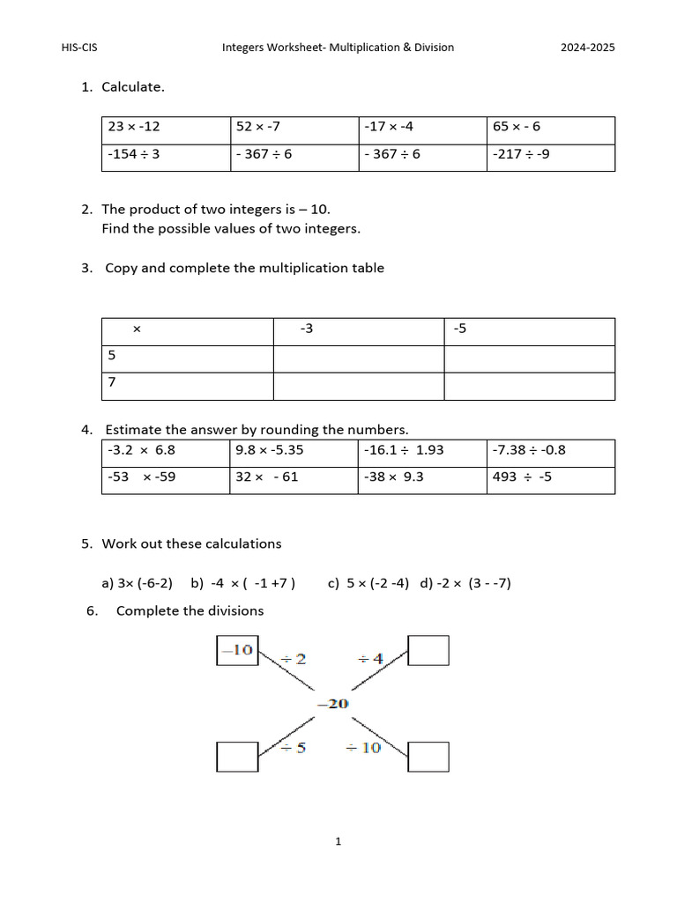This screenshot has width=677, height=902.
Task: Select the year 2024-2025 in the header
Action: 588,48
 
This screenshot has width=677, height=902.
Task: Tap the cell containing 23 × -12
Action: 166,129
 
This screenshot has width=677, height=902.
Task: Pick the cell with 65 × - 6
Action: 550,129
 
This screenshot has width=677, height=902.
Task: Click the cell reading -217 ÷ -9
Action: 550,157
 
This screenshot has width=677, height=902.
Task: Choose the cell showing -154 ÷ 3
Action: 166,157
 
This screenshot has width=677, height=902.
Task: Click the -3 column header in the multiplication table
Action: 358,331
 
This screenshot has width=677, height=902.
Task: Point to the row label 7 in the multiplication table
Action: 187,386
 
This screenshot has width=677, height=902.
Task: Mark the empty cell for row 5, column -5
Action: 529,359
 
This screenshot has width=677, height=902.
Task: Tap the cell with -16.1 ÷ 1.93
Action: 421,453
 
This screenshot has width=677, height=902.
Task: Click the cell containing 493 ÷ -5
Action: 550,480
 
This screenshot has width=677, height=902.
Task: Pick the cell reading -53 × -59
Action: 166,480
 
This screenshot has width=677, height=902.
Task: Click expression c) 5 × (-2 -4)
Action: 368,583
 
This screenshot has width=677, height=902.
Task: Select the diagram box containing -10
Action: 237,650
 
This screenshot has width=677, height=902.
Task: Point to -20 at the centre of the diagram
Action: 332,703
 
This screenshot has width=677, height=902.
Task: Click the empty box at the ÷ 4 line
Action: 428,650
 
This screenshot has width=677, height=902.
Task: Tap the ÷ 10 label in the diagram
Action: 362,748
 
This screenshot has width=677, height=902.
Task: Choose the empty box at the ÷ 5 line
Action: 237,756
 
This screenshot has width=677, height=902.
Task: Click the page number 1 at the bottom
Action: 338,841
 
